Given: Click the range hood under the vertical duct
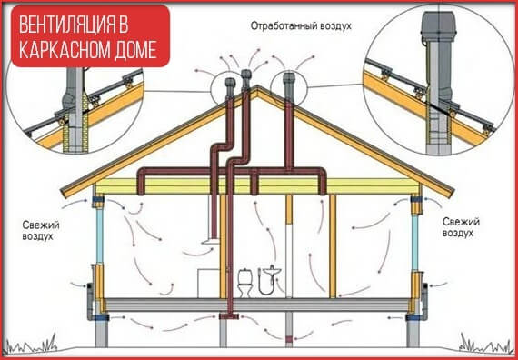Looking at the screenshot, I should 208,243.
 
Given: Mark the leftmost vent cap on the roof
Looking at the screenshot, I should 227,84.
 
